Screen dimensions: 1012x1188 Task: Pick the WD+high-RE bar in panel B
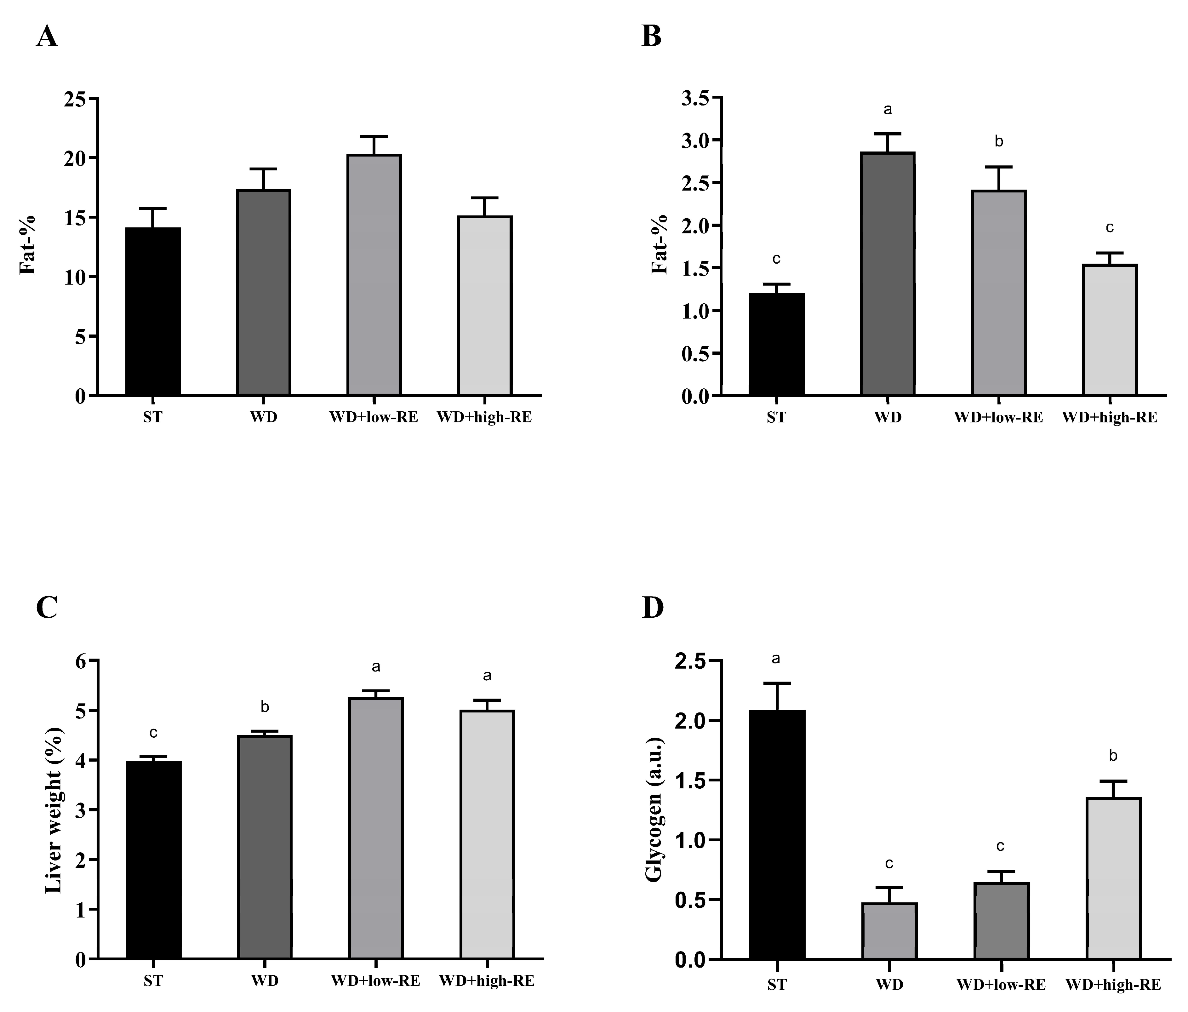click(1110, 330)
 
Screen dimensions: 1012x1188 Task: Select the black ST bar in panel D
click(777, 834)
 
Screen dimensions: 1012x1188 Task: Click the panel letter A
click(47, 37)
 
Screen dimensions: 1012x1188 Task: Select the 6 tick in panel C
click(80, 661)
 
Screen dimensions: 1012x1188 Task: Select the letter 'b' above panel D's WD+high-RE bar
click(1113, 756)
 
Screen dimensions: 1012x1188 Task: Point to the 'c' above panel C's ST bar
click(153, 733)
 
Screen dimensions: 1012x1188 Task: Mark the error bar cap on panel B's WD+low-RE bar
click(999, 167)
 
